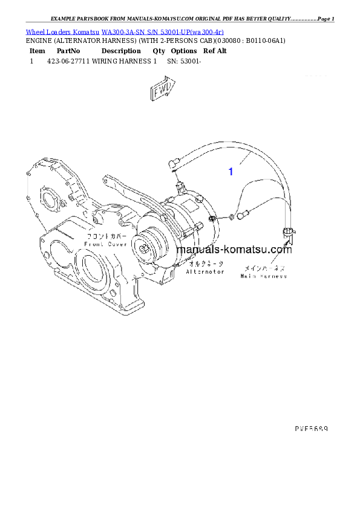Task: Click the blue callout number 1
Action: [x=231, y=172]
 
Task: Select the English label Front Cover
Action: [x=106, y=244]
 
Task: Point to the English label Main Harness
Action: [x=264, y=276]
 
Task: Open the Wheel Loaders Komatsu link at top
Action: [x=125, y=31]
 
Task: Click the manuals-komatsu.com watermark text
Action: [x=234, y=250]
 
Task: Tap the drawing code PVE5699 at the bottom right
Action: [x=311, y=427]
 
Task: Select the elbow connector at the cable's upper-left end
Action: [x=173, y=161]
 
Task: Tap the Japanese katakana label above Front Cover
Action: [x=106, y=236]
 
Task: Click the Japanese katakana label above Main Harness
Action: [x=264, y=267]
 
